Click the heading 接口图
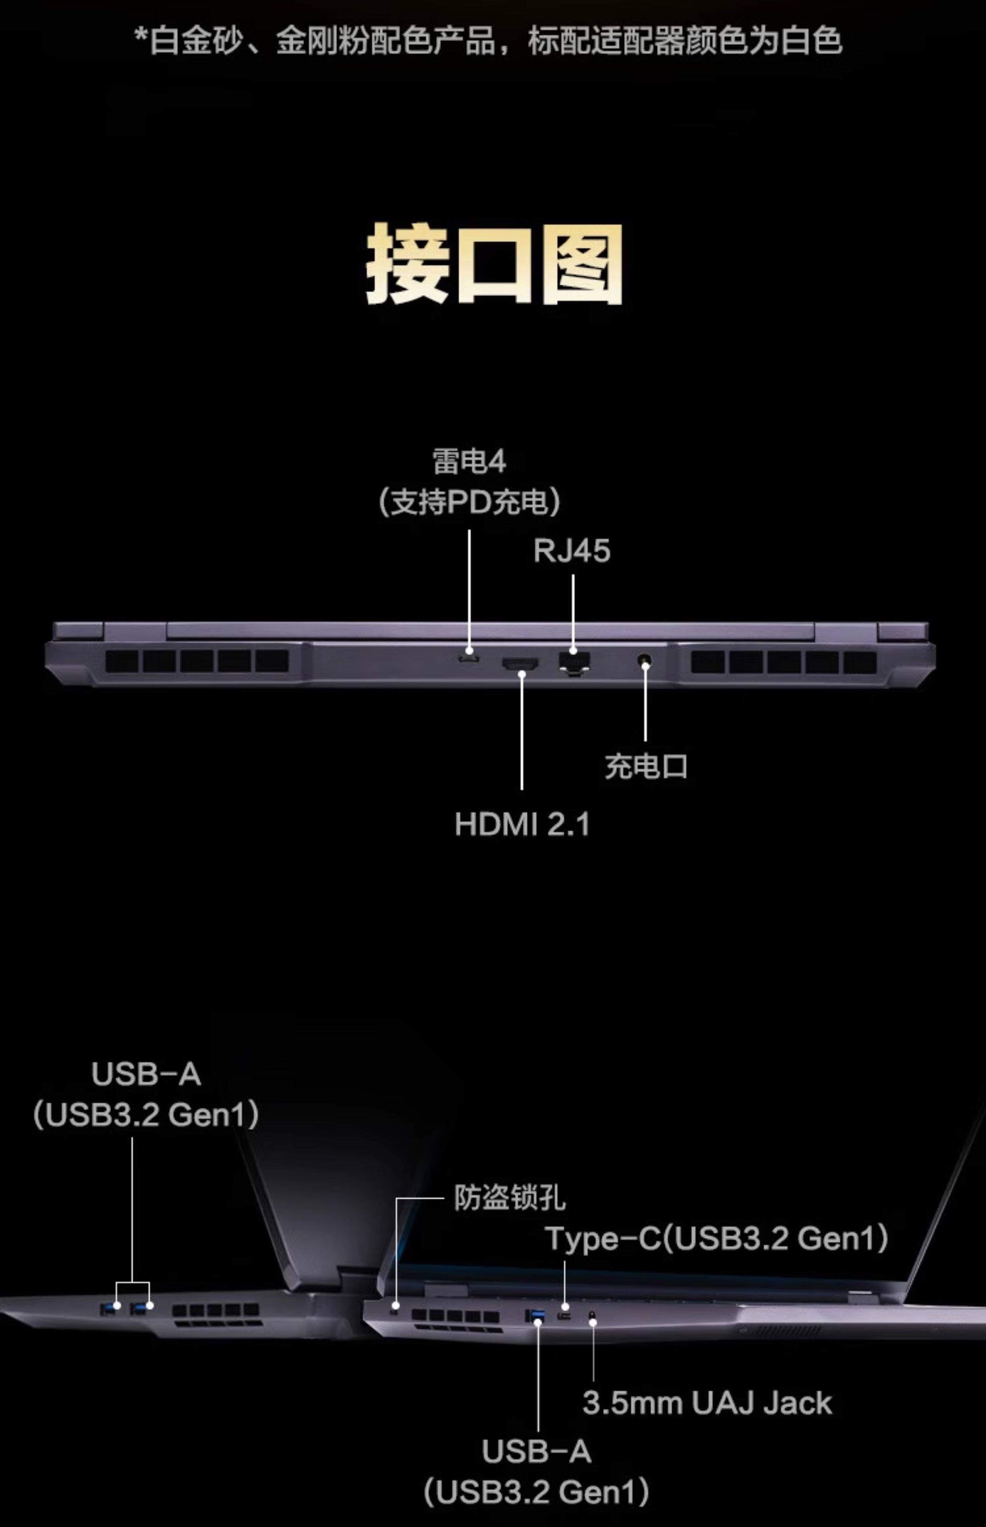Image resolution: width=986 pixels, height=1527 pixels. coord(494,263)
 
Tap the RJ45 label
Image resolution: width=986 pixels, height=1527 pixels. coord(572,551)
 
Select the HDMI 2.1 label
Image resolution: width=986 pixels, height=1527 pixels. coord(522,824)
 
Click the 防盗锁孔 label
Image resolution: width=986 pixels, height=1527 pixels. coord(510,1198)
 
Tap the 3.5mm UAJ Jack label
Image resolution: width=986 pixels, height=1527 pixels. coord(707,1403)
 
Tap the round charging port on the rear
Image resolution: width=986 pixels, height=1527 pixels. coord(645,660)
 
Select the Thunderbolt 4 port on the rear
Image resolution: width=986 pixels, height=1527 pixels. coord(469,659)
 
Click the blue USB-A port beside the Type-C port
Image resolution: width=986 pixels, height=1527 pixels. coord(535,1316)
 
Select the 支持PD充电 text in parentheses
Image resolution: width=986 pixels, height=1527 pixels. coord(469,502)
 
